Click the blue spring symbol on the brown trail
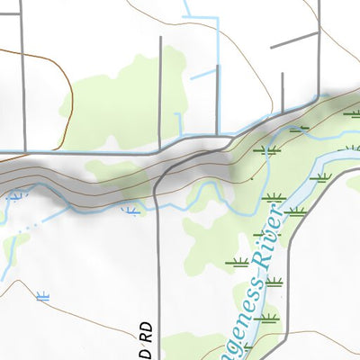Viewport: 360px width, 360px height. [41, 295]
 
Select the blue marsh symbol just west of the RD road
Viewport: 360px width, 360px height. [131, 211]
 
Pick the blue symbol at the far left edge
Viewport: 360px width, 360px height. [14, 194]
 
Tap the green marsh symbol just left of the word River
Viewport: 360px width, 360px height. [238, 263]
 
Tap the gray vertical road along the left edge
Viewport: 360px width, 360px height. [22, 72]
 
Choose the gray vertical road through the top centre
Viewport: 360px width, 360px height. [160, 90]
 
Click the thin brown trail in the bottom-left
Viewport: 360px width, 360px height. [81, 306]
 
